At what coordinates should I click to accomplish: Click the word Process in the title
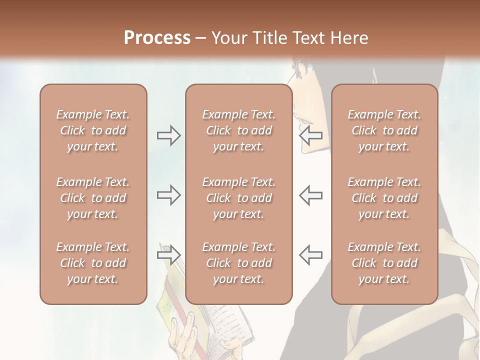point(157,37)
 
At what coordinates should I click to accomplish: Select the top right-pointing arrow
point(168,135)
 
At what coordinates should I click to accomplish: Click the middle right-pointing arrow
point(168,195)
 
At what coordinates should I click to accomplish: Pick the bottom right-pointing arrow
point(168,255)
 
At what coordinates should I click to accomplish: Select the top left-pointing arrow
point(311,135)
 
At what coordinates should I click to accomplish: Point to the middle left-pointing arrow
point(311,195)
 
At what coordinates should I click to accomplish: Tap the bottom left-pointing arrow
point(311,255)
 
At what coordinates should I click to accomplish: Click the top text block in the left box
point(93,130)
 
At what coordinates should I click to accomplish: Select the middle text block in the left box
point(93,198)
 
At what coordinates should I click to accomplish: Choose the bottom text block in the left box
point(93,263)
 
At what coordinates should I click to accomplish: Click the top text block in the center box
point(238,130)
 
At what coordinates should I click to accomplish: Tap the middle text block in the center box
point(238,198)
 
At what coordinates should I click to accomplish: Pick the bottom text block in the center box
point(238,263)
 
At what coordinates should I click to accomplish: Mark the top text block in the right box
point(384,130)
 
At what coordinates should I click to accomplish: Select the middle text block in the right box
point(384,198)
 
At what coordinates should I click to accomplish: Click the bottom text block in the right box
point(384,263)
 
